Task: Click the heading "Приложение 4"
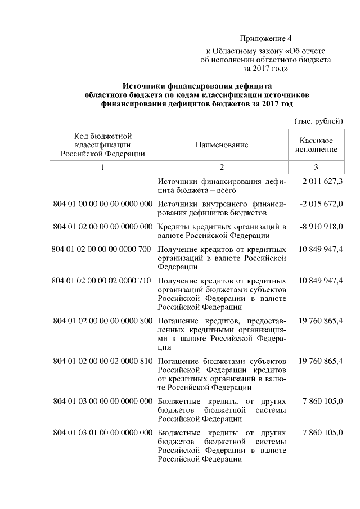click(x=266, y=39)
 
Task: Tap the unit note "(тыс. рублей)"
click(x=318, y=121)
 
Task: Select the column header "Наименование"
click(x=222, y=145)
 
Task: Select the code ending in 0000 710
click(x=102, y=281)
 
